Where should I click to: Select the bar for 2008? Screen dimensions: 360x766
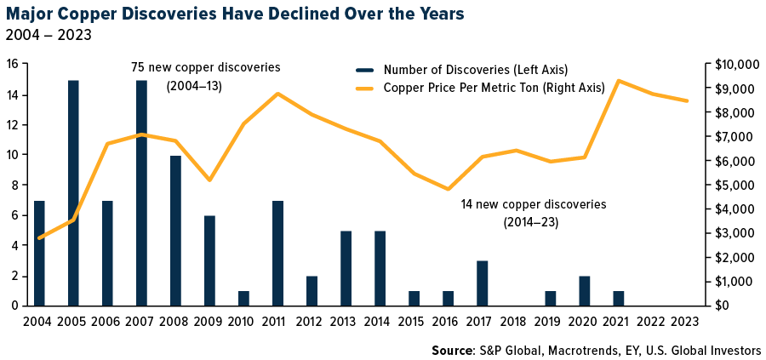click(x=175, y=231)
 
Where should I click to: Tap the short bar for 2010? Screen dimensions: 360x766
click(x=243, y=298)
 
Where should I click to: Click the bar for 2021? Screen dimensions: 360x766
click(x=618, y=298)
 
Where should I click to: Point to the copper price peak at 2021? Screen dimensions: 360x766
click(x=618, y=81)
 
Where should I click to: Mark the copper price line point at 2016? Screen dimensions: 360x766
click(x=448, y=189)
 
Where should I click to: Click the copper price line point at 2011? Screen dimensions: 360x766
click(x=277, y=94)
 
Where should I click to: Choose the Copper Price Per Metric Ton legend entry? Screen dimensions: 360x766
click(x=494, y=87)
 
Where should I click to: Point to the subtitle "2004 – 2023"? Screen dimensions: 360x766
click(x=48, y=36)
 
